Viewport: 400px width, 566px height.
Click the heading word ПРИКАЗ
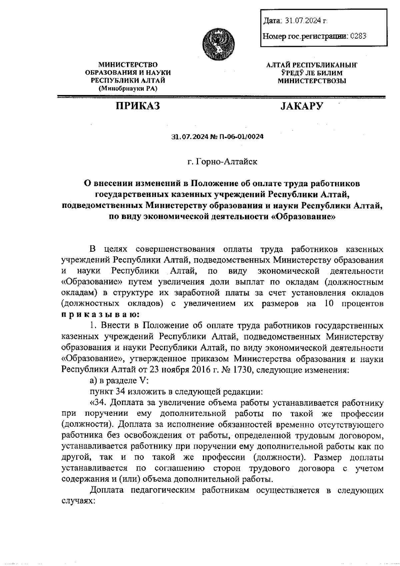(138, 106)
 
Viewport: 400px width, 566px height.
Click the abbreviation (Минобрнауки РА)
(128, 88)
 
